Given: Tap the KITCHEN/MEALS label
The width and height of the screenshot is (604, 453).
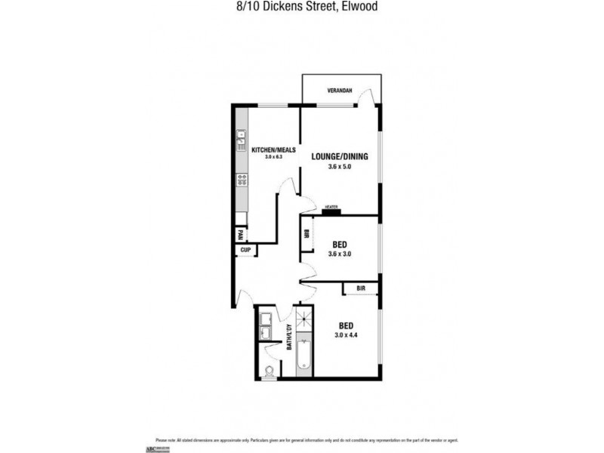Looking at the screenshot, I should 268,149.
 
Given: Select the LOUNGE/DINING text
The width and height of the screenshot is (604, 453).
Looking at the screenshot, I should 340,157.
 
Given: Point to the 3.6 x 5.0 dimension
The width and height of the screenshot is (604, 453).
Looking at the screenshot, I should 340,166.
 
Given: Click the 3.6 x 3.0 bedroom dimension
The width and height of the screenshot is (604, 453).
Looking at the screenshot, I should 340,254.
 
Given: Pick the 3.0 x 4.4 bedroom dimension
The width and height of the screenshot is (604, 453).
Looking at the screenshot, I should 340,334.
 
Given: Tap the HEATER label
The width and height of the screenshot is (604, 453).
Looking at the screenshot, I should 330,205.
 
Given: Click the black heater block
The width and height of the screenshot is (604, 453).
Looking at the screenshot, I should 331,211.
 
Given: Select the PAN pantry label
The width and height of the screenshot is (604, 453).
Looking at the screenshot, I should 241,234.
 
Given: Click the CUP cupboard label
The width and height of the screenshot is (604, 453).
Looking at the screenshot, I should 245,250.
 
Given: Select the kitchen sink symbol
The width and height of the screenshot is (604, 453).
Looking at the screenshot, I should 242,139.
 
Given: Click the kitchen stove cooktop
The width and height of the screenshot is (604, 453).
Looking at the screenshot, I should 242,180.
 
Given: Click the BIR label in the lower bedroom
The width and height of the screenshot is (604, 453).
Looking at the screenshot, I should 361,288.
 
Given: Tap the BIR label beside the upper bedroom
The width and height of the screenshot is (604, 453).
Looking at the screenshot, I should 307,234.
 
